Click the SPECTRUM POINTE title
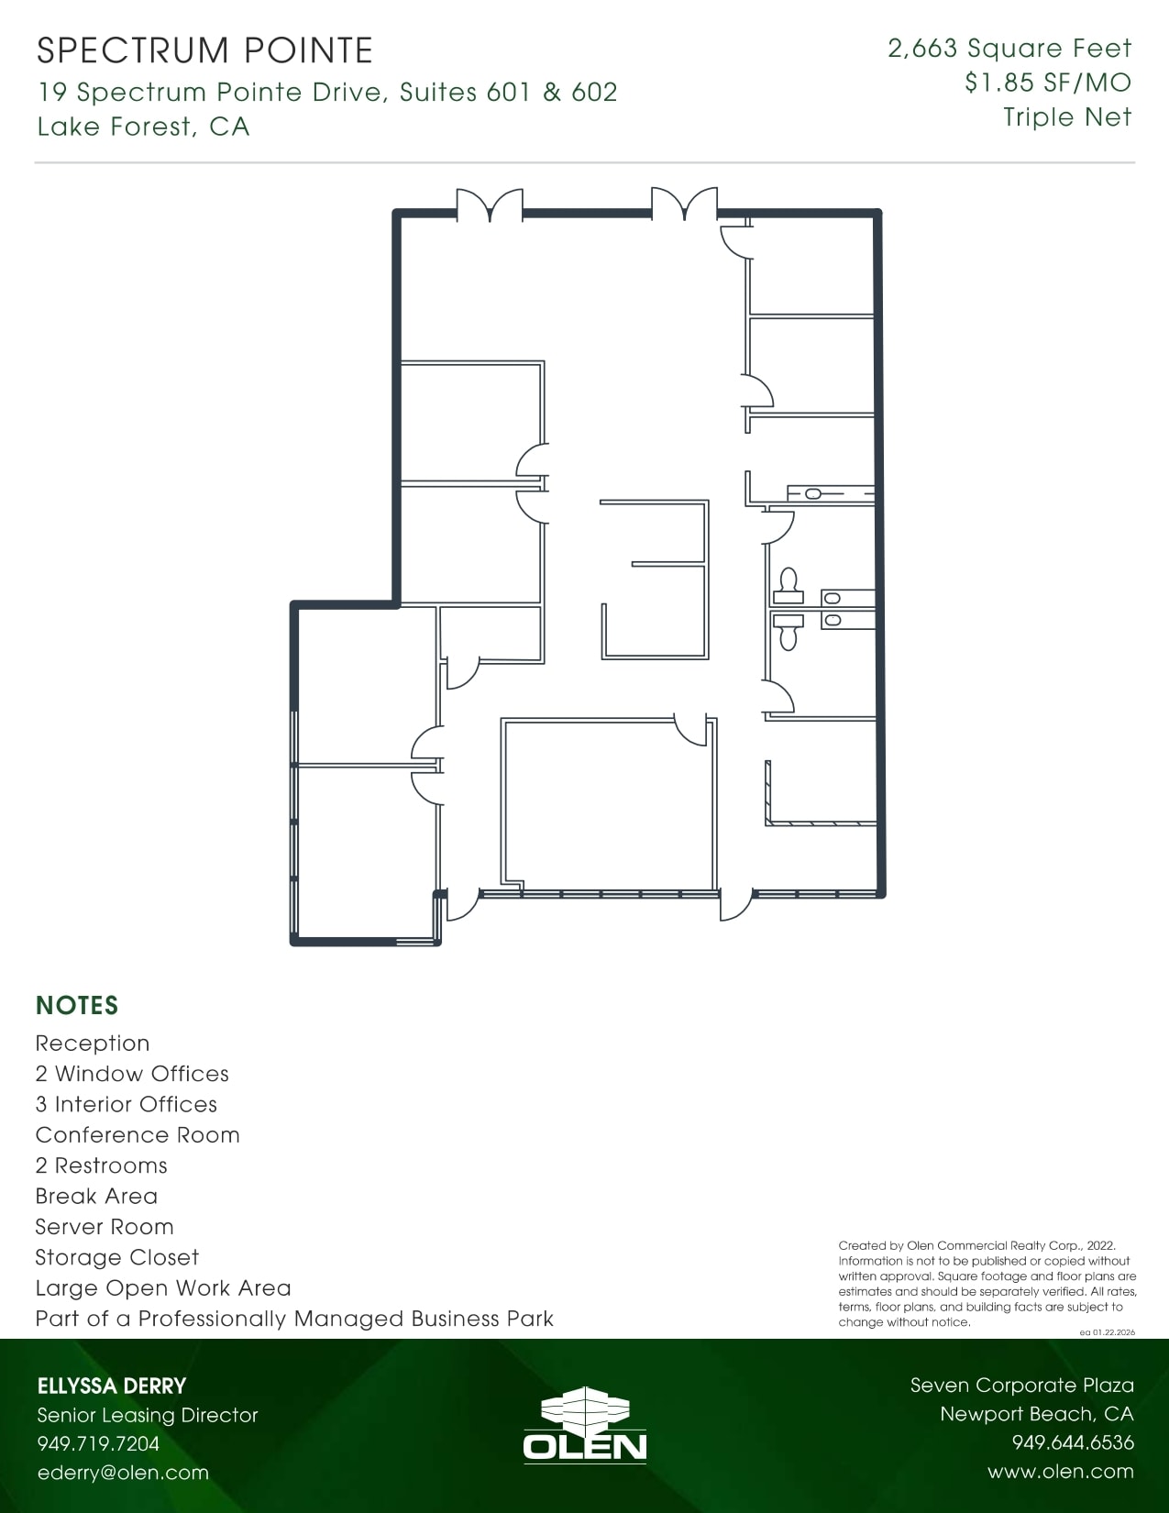(x=204, y=50)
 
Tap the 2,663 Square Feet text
(x=1009, y=49)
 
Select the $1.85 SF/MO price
(x=1048, y=83)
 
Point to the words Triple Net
(x=1067, y=117)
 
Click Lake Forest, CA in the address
(x=143, y=127)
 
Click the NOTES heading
(x=77, y=1006)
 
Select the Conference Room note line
(x=138, y=1135)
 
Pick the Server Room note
(x=105, y=1227)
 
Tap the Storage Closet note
(x=116, y=1257)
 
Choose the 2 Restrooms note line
(x=101, y=1165)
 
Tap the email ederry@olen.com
(x=123, y=1473)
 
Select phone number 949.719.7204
(x=98, y=1444)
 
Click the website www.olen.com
(x=1061, y=1472)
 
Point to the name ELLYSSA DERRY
(x=111, y=1386)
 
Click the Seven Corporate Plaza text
(x=1021, y=1386)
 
